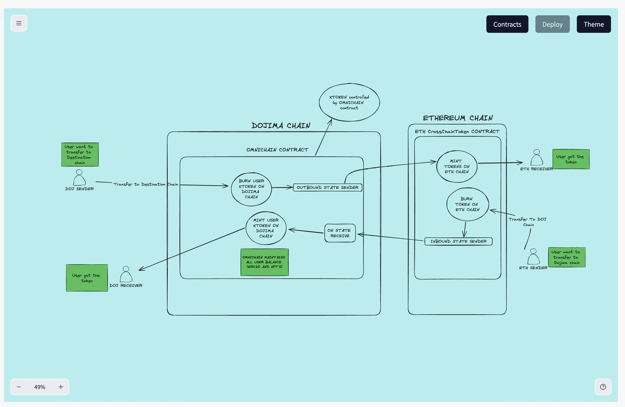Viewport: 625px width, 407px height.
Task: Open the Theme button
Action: click(x=593, y=24)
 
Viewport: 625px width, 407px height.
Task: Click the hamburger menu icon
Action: click(x=19, y=23)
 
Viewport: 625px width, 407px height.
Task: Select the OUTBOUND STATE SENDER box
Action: click(x=327, y=187)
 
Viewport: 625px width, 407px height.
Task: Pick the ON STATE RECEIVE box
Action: click(x=340, y=233)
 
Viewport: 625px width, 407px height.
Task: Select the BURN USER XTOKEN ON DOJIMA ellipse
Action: click(x=251, y=189)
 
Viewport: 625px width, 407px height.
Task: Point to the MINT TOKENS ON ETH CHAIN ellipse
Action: click(x=456, y=166)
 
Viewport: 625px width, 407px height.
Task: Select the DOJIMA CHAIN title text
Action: click(x=281, y=125)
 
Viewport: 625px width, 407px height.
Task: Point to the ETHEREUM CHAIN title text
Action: click(x=457, y=118)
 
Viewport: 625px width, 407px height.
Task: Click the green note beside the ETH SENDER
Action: click(x=567, y=257)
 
